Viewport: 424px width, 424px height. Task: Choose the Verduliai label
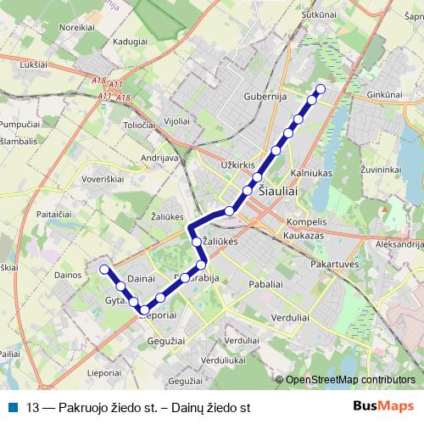tap(289, 317)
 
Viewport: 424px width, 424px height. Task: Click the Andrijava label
tap(159, 158)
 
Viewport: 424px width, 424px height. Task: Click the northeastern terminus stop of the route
tap(321, 89)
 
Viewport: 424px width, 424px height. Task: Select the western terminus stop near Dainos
tap(105, 270)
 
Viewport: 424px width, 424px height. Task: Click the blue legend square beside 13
tap(12, 406)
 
